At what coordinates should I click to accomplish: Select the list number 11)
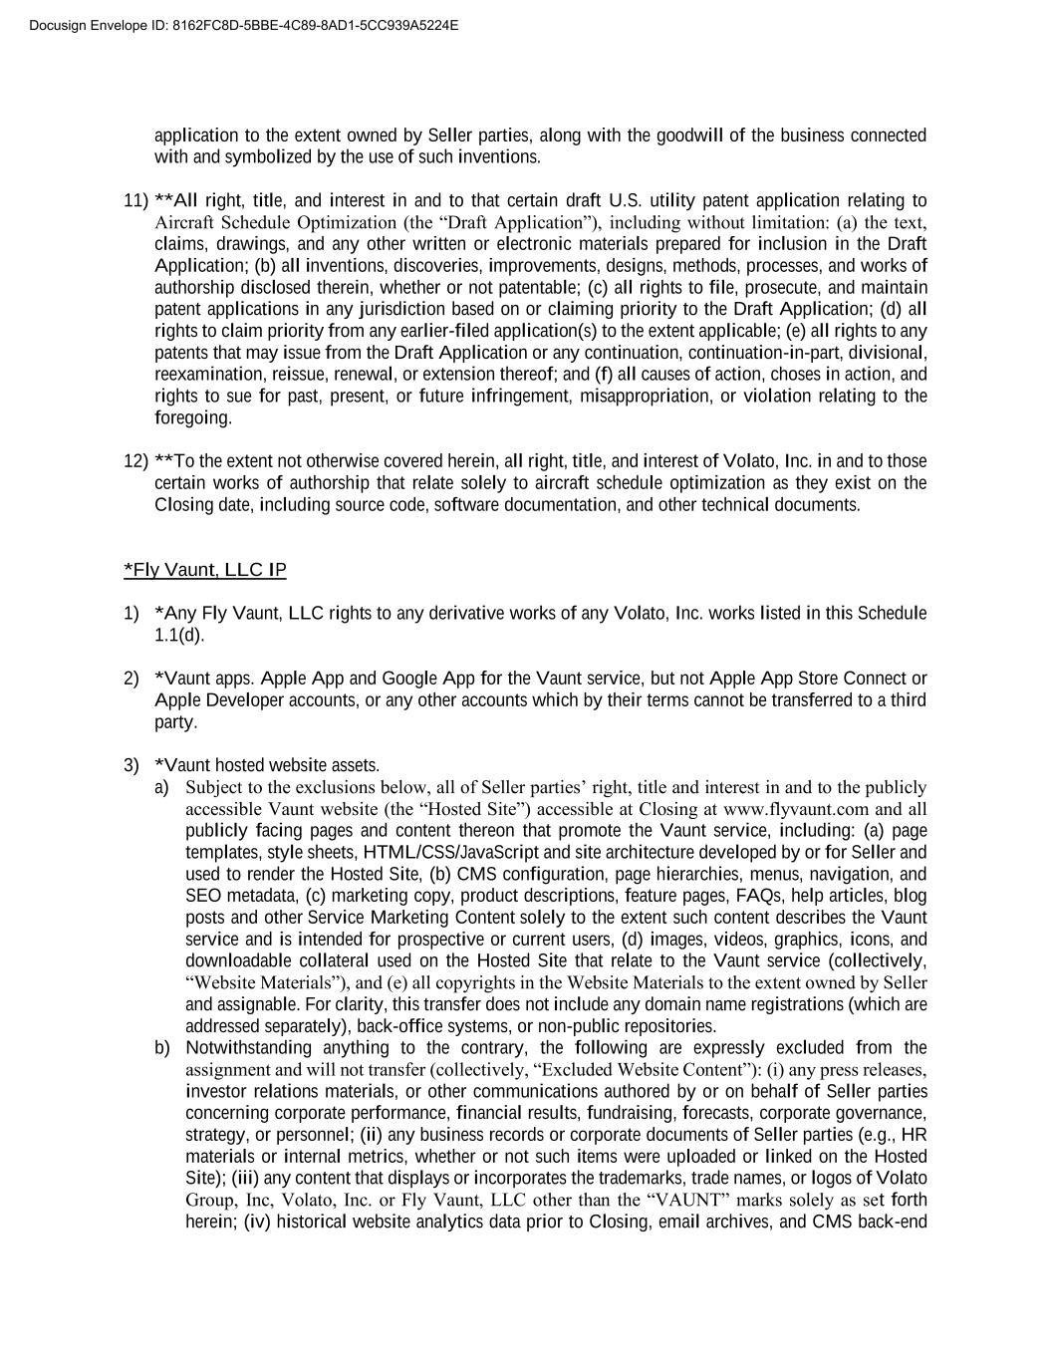pyautogui.click(x=135, y=201)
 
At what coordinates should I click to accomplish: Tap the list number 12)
pyautogui.click(x=135, y=461)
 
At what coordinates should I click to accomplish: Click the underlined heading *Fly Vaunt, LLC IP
pyautogui.click(x=204, y=570)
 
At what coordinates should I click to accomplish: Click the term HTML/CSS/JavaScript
pyautogui.click(x=451, y=853)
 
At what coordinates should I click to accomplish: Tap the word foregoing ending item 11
pyautogui.click(x=193, y=418)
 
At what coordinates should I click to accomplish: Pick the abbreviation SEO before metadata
pyautogui.click(x=203, y=896)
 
